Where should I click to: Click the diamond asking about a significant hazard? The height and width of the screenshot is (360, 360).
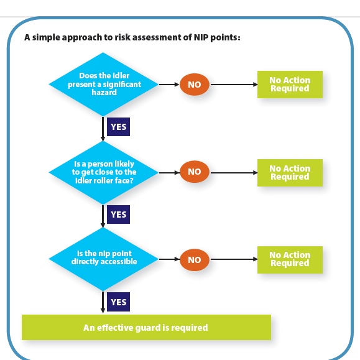[x=103, y=84]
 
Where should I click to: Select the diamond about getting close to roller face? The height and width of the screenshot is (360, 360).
[x=103, y=172]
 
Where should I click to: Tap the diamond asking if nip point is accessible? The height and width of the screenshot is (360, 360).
[x=103, y=259]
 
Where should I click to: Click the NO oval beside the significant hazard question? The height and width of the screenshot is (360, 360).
[x=195, y=84]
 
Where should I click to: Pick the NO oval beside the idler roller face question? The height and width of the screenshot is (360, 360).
[x=195, y=172]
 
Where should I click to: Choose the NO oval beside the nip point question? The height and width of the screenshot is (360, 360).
[x=195, y=259]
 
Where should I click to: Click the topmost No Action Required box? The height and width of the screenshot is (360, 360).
[x=290, y=84]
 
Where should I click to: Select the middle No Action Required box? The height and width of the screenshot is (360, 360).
[x=290, y=172]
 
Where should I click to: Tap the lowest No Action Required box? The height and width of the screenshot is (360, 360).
[x=290, y=259]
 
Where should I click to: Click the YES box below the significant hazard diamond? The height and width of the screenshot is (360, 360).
[x=118, y=127]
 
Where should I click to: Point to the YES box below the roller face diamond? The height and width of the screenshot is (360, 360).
[x=118, y=215]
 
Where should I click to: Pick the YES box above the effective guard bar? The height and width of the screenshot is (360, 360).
[x=118, y=302]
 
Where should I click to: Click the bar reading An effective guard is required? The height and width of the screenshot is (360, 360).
[x=146, y=327]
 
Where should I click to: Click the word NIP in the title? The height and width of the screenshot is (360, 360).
[x=192, y=37]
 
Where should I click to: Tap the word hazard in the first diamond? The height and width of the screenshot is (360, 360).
[x=103, y=92]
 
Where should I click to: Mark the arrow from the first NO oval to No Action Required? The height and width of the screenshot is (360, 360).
[x=233, y=84]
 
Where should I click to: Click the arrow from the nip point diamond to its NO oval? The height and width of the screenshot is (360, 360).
[x=169, y=259]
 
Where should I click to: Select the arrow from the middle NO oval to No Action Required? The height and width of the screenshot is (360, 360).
[x=233, y=172]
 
